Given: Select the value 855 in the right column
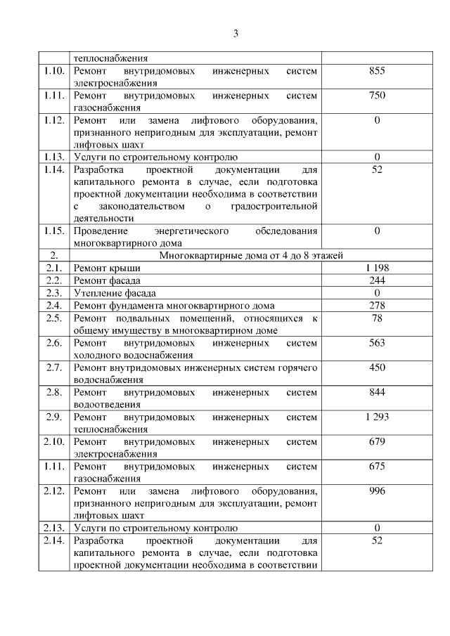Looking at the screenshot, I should [x=377, y=71].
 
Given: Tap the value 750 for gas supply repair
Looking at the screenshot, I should [x=377, y=96].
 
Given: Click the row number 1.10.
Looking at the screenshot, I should [x=54, y=71].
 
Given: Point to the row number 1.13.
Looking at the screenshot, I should [x=54, y=157].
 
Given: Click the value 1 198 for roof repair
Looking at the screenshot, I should [x=377, y=268].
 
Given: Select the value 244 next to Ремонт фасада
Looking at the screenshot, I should [x=377, y=280].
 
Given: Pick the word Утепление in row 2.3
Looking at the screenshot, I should [x=96, y=292].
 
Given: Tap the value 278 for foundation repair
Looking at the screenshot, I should [x=377, y=305].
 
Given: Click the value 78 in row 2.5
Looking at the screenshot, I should [x=377, y=318].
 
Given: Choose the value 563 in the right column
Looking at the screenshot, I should [x=377, y=342].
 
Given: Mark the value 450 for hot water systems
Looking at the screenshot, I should [x=377, y=367].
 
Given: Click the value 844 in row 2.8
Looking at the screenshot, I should [x=377, y=391].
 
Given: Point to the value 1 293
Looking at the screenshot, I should [x=377, y=416].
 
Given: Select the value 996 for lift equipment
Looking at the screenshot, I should [x=377, y=491].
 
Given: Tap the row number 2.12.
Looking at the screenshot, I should [x=54, y=491].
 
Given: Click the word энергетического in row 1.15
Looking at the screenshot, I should [x=191, y=231].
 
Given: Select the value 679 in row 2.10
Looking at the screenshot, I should [x=377, y=441].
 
